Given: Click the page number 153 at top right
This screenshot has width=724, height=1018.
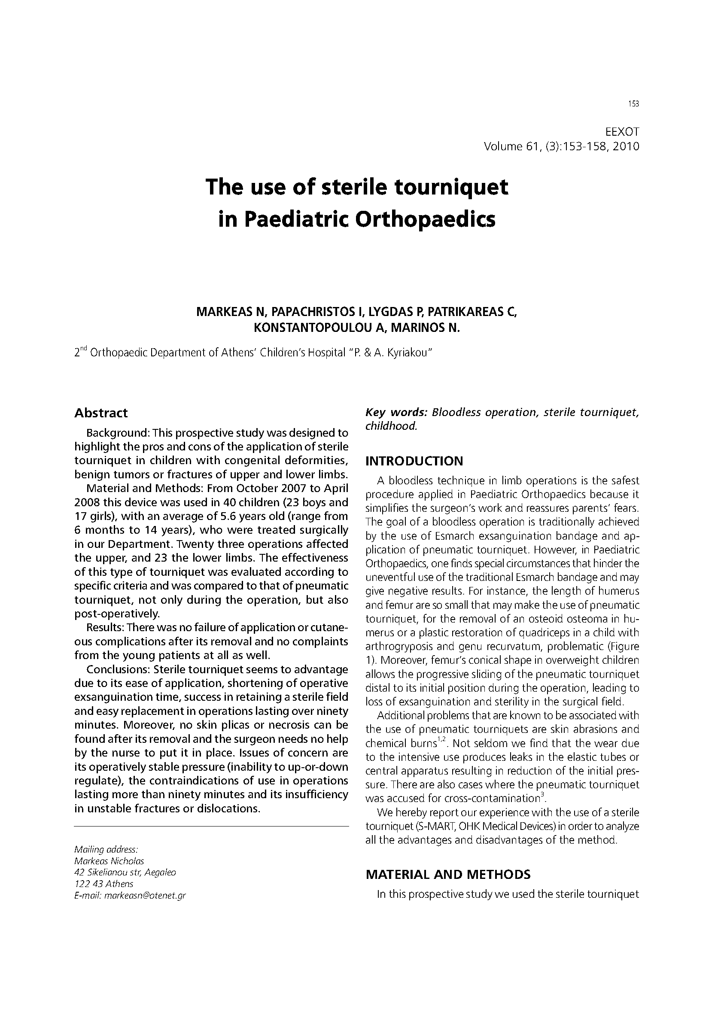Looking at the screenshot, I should click(x=633, y=104).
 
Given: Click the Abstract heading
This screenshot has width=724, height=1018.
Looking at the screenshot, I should click(x=101, y=413).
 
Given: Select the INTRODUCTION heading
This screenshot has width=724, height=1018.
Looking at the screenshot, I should click(x=414, y=461).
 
